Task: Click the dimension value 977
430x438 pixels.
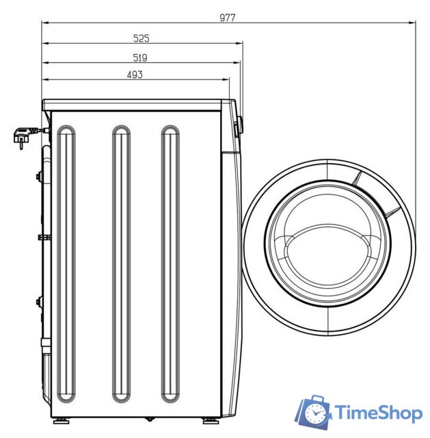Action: click(x=228, y=18)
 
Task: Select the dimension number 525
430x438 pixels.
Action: click(x=142, y=38)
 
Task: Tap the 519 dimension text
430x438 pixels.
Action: click(x=139, y=57)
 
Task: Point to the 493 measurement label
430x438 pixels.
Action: click(x=135, y=75)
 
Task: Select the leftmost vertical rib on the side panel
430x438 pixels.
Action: click(x=66, y=264)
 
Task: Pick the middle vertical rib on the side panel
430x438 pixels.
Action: click(x=121, y=264)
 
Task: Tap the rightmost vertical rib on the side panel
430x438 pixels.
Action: click(x=170, y=264)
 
